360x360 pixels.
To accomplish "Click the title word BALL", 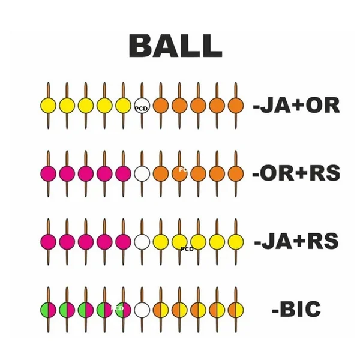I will pyautogui.click(x=175, y=45).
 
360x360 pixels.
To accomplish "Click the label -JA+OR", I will pyautogui.click(x=297, y=106).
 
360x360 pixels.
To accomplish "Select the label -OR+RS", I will pyautogui.click(x=297, y=174).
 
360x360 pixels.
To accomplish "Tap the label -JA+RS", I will pyautogui.click(x=297, y=242).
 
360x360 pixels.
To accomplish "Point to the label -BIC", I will pyautogui.click(x=296, y=310).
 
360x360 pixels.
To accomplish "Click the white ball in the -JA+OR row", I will pyautogui.click(x=142, y=106).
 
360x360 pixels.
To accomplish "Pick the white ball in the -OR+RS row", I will pyautogui.click(x=142, y=174).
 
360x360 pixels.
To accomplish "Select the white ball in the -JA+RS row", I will pyautogui.click(x=142, y=242).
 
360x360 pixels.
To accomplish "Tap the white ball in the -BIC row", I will pyautogui.click(x=142, y=310).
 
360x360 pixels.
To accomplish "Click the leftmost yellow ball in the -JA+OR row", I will pyautogui.click(x=48, y=106).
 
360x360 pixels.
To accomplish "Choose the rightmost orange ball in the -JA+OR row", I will pyautogui.click(x=235, y=106).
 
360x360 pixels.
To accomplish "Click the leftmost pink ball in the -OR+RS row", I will pyautogui.click(x=48, y=174).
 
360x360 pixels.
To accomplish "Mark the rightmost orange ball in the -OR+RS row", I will pyautogui.click(x=235, y=174).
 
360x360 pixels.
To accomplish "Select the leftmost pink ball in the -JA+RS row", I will pyautogui.click(x=48, y=242).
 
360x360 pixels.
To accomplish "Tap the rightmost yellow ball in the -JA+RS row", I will pyautogui.click(x=235, y=242).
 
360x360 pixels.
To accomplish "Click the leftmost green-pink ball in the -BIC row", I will pyautogui.click(x=48, y=310).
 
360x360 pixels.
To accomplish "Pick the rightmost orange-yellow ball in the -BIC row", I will pyautogui.click(x=235, y=310).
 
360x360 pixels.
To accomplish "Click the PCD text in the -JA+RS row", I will pyautogui.click(x=187, y=248).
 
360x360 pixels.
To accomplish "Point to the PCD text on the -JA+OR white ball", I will pyautogui.click(x=141, y=109).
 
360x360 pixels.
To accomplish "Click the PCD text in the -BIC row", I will pyautogui.click(x=118, y=308).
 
